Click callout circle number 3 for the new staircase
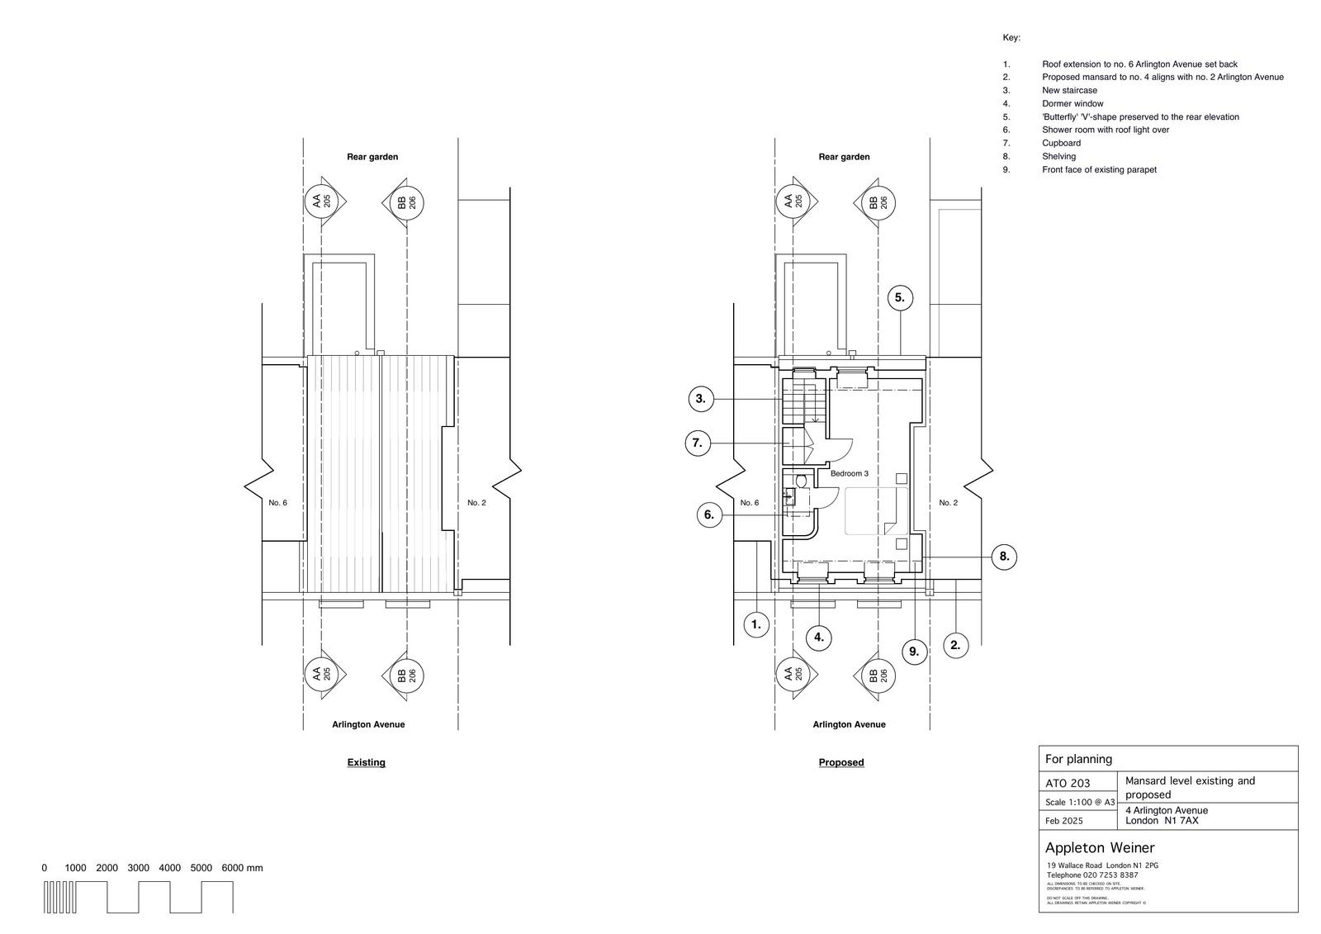[x=701, y=400]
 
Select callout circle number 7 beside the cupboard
[x=698, y=443]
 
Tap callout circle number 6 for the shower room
[x=708, y=515]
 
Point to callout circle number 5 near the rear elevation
[x=900, y=298]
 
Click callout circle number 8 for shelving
[x=1004, y=557]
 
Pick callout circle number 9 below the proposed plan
[x=914, y=652]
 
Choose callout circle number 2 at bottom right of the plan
[x=955, y=645]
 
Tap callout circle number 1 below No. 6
[x=756, y=625]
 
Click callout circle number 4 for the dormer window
[x=818, y=637]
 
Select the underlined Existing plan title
[x=366, y=762]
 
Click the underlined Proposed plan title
[x=841, y=762]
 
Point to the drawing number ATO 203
[x=1068, y=783]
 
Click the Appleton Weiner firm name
[x=1100, y=848]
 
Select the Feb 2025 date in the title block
[x=1064, y=821]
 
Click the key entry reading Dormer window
[x=1072, y=104]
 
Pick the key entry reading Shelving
[x=1058, y=156]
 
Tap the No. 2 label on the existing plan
[x=476, y=503]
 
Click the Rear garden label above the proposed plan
[x=844, y=157]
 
